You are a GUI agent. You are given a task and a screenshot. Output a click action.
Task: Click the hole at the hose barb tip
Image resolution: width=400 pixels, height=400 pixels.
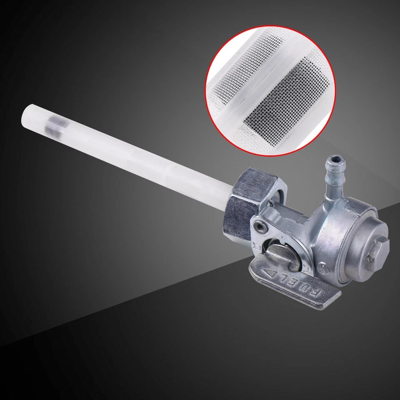(x=336, y=160)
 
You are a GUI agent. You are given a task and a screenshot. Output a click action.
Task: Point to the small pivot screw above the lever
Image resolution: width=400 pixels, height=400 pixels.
(x=260, y=225)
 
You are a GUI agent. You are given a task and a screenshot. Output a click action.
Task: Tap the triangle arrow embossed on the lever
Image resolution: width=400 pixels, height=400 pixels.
(x=270, y=274)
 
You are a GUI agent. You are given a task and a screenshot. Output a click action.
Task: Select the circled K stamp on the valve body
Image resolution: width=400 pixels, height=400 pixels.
(x=322, y=267)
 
